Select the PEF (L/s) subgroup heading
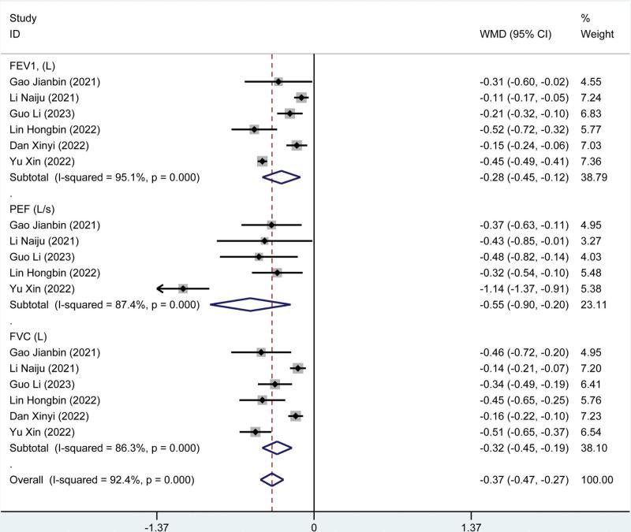32,209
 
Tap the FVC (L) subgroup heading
29,337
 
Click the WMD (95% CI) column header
515,35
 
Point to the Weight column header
596,35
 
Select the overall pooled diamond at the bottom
271,479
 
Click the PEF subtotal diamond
250,304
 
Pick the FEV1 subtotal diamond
282,177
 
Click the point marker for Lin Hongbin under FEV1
254,129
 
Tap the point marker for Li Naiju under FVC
297,368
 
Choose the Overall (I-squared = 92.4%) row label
102,479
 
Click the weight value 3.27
591,240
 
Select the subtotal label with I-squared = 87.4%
103,304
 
